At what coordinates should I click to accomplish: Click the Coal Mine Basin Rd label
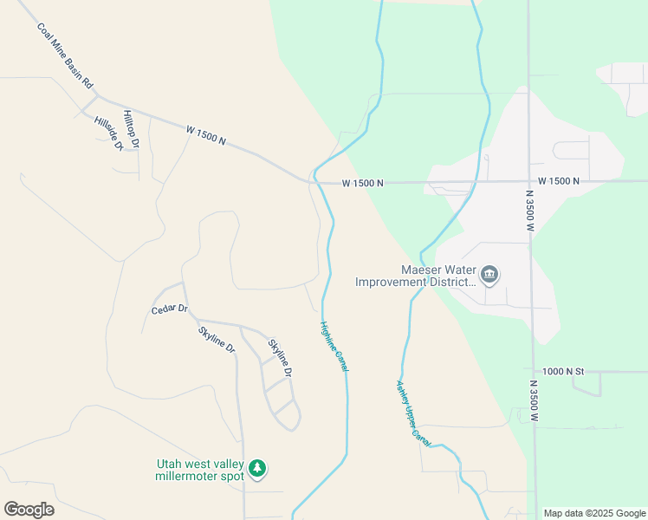coord(64,57)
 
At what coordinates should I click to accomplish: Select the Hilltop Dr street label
coord(131,127)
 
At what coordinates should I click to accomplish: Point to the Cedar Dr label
coord(169,309)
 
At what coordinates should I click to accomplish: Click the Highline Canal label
coord(334,348)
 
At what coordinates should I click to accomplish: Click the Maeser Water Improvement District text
coord(415,276)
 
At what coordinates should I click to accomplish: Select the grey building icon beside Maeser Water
coord(489,276)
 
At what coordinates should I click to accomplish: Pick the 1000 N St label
coord(564,371)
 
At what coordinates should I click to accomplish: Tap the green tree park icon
coord(256,469)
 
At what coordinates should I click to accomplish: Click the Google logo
coord(29,509)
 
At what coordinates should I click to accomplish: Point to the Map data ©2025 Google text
coord(594,513)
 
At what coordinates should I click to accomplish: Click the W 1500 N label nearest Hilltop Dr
coord(205,134)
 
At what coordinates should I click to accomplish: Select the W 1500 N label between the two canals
coord(362,183)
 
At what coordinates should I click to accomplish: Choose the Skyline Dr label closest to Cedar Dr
coord(216,339)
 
